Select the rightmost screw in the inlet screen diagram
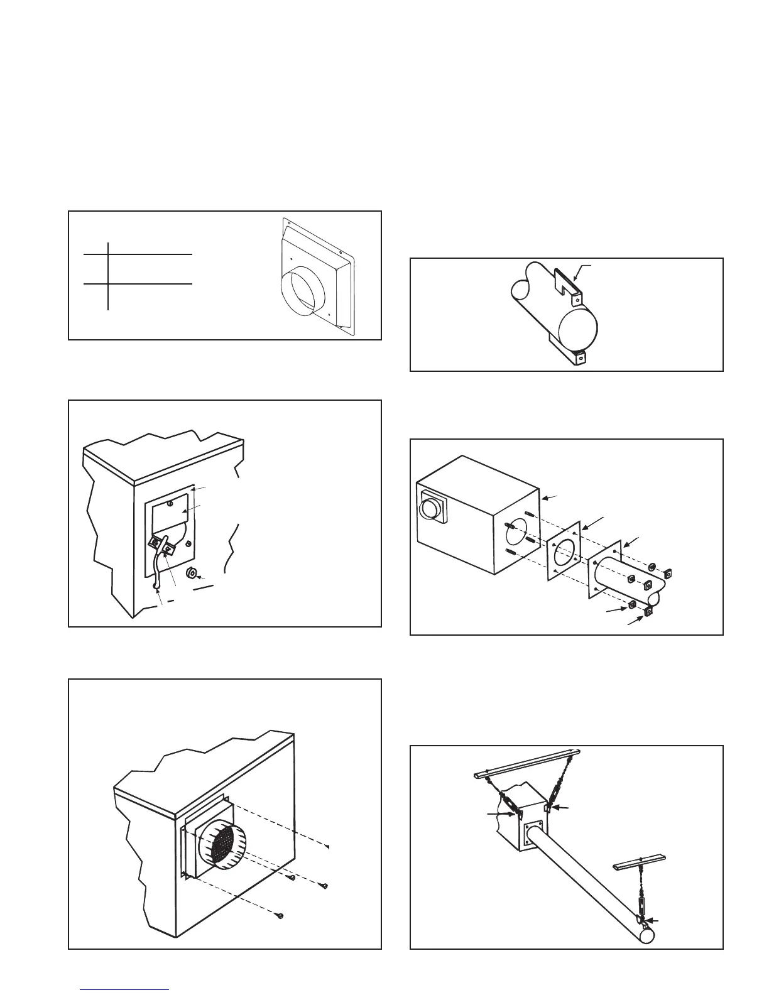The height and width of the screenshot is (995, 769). (x=324, y=886)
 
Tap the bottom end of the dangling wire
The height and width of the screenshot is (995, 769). (x=156, y=587)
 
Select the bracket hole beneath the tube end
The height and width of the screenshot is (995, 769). (x=581, y=359)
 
